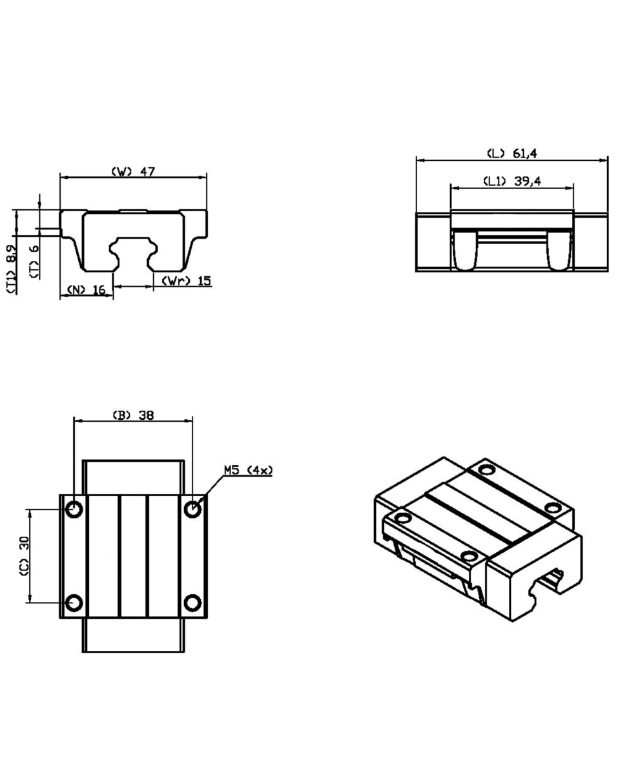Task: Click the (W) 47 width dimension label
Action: pyautogui.click(x=133, y=171)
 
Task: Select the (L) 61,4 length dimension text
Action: pyautogui.click(x=512, y=154)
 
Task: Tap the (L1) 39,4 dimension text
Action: pyautogui.click(x=512, y=181)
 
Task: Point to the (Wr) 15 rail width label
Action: pyautogui.click(x=186, y=280)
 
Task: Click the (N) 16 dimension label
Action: pyautogui.click(x=87, y=289)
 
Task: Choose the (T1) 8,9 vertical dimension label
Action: pyautogui.click(x=11, y=269)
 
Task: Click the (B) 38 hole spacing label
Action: pyautogui.click(x=133, y=415)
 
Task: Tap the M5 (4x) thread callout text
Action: pyautogui.click(x=248, y=470)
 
